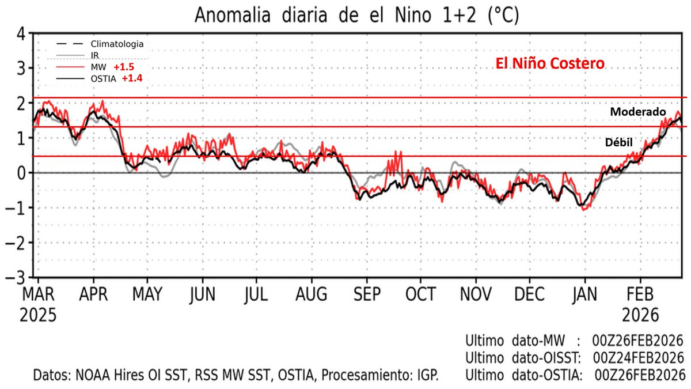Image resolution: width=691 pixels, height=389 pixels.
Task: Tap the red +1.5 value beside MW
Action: (x=124, y=67)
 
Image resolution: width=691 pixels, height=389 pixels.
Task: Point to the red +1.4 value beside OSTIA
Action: (x=132, y=79)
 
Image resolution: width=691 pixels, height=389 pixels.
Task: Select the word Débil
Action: (x=620, y=141)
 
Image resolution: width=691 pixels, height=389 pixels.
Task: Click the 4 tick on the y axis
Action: (x=21, y=33)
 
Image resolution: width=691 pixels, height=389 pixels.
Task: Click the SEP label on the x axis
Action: (x=367, y=294)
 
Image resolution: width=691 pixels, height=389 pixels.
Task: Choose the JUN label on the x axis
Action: (x=202, y=294)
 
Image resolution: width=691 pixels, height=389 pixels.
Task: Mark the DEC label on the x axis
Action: (x=530, y=294)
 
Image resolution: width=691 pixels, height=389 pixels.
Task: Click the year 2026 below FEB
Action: (x=641, y=315)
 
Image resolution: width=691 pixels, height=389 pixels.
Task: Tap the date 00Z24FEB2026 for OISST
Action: (x=637, y=357)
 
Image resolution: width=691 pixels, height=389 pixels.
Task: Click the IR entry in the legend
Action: (x=96, y=55)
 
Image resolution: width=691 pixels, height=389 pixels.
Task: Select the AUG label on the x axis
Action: (x=311, y=294)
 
